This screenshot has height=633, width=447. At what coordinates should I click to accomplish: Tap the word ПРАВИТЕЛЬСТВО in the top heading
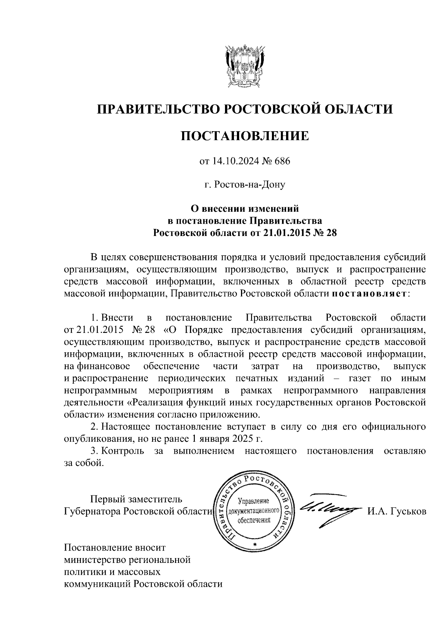click(156, 109)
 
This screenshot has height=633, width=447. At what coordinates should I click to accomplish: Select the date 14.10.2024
click(231, 161)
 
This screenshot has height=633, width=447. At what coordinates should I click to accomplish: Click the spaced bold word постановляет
click(369, 293)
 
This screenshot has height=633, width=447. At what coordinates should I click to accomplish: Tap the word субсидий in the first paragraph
click(405, 257)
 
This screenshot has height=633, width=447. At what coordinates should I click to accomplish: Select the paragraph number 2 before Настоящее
click(94, 426)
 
